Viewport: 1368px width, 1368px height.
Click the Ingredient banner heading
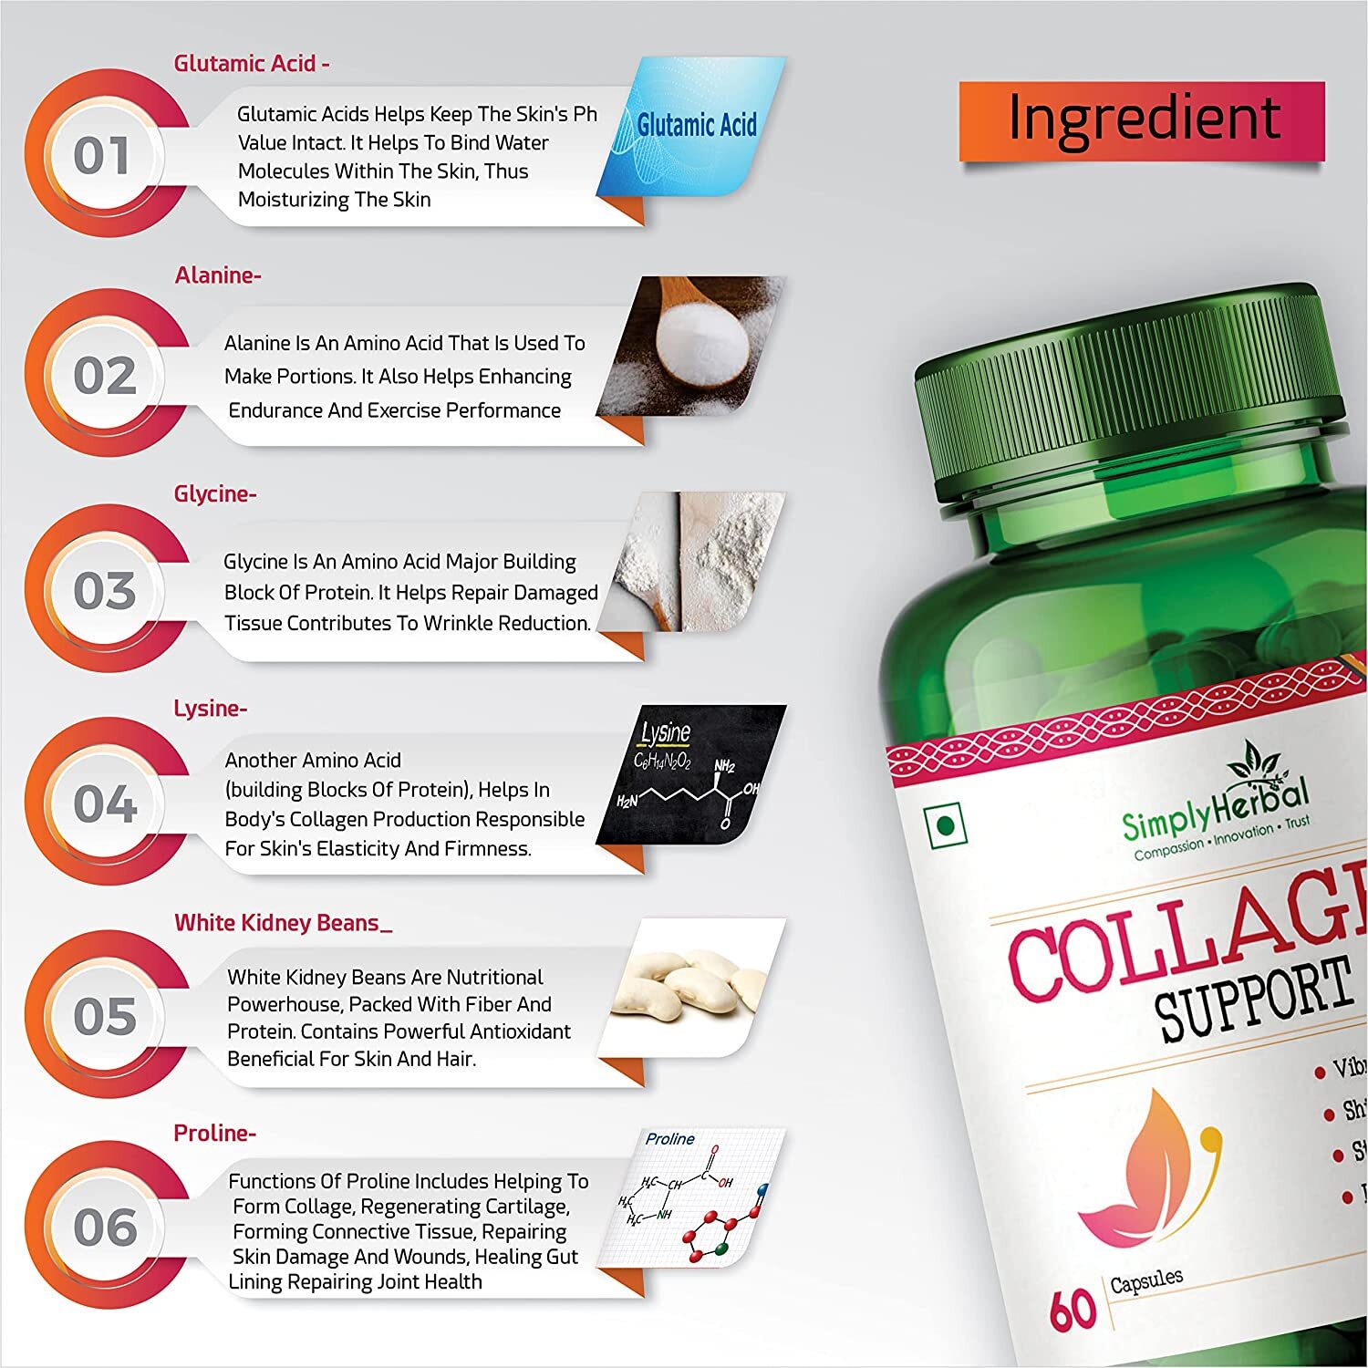tap(1142, 119)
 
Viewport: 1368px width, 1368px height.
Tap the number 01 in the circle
tap(102, 155)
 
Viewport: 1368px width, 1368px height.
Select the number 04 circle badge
tap(105, 803)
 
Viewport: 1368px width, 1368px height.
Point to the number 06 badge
tap(105, 1227)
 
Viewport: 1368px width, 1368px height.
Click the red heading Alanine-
tap(218, 275)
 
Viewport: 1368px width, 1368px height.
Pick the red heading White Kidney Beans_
tap(284, 923)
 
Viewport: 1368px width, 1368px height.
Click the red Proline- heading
tap(215, 1134)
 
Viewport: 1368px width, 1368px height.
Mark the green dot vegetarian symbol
tap(946, 826)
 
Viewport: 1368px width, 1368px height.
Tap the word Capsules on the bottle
tap(1146, 1281)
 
